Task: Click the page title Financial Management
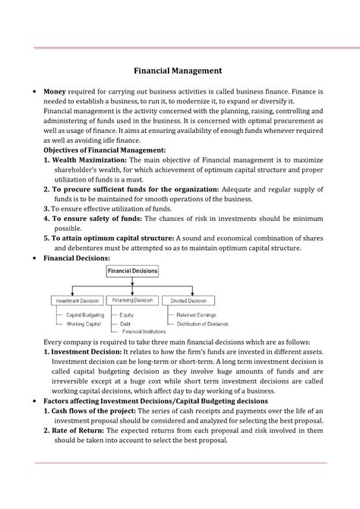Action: [178, 70]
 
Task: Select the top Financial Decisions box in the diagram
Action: [133, 270]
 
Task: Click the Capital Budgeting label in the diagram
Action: [84, 315]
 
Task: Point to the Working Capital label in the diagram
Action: [83, 324]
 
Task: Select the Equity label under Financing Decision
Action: [127, 315]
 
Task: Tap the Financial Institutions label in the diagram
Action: [144, 332]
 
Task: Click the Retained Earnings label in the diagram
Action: [197, 315]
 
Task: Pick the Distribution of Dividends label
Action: [203, 324]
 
